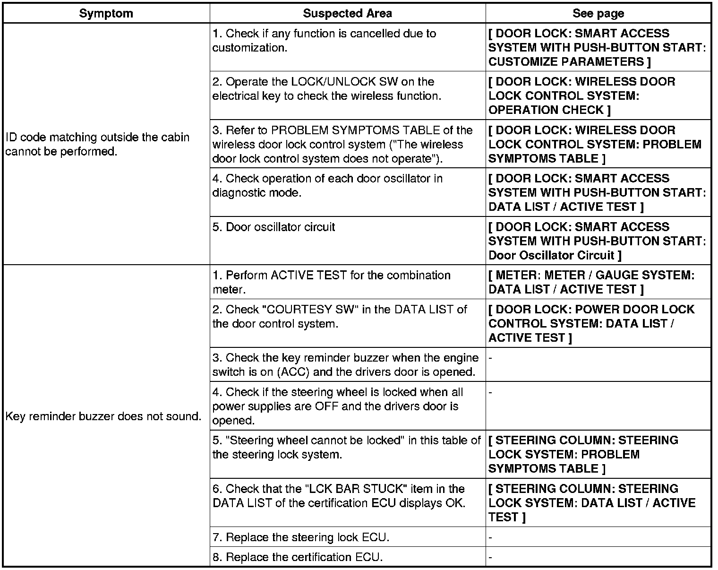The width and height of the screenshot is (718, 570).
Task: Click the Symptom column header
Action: (106, 13)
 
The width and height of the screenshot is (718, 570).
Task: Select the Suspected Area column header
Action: (347, 13)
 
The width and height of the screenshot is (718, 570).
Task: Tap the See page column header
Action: (598, 13)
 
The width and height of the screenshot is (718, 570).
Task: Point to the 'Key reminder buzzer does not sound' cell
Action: (103, 416)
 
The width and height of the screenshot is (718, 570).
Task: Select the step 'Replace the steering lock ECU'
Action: (301, 537)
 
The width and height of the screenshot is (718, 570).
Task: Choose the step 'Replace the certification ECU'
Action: (298, 557)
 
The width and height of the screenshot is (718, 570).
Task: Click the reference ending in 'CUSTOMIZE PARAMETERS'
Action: (597, 48)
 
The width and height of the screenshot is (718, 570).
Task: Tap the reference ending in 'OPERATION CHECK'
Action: (582, 96)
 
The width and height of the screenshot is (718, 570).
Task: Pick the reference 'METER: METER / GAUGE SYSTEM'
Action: (591, 282)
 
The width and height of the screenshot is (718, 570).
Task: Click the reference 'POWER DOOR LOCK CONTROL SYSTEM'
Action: (591, 324)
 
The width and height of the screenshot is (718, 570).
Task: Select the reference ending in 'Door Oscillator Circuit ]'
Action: (597, 241)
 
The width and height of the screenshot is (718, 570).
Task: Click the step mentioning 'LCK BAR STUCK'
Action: (339, 496)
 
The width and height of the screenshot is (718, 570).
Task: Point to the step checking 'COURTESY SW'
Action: (340, 317)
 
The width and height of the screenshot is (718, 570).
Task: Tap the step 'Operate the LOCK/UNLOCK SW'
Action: (326, 89)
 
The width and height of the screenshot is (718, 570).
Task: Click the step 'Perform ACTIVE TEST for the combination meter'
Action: (332, 282)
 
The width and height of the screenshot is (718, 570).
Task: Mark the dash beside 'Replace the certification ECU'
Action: (491, 557)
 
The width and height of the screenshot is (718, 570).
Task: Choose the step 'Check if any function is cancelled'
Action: (324, 41)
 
